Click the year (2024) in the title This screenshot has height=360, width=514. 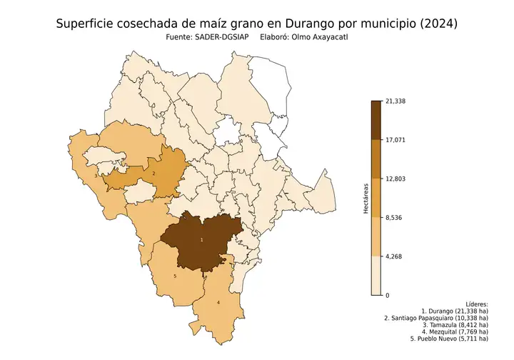(x=434, y=24)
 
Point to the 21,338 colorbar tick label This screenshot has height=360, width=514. (x=395, y=101)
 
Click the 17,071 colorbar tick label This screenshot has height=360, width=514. (x=395, y=140)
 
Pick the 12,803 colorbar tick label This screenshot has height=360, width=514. (x=395, y=179)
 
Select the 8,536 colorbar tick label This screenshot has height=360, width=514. (x=394, y=217)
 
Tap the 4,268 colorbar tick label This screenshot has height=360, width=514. (x=394, y=256)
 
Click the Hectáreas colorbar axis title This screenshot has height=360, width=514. (x=366, y=198)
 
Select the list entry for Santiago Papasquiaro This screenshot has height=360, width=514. (x=436, y=318)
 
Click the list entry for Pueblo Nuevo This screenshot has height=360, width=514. (x=448, y=339)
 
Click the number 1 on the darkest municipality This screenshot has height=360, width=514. (x=201, y=241)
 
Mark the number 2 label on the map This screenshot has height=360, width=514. (x=154, y=173)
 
